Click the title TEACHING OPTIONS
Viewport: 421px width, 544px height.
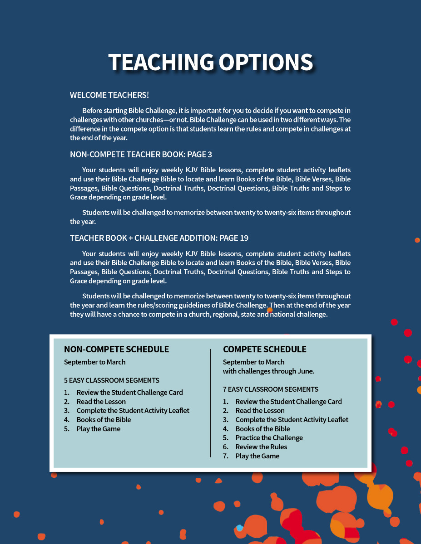click(x=210, y=62)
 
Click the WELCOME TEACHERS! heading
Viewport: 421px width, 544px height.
click(x=109, y=95)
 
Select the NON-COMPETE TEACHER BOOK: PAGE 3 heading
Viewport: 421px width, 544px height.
click(x=141, y=155)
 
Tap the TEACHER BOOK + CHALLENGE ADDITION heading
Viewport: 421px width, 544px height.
click(x=159, y=238)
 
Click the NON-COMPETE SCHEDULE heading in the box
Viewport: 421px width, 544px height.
click(x=116, y=349)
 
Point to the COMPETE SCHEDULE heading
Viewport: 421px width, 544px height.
click(x=264, y=349)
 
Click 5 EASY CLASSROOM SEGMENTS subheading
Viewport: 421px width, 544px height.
click(x=111, y=380)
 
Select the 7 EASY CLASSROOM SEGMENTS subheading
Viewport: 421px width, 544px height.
click(x=270, y=389)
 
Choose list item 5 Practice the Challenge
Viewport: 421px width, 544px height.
click(x=269, y=438)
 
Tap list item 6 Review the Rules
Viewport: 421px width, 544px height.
click(x=261, y=447)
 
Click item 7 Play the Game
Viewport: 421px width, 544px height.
click(x=257, y=456)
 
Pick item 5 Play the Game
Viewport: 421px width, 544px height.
click(x=98, y=429)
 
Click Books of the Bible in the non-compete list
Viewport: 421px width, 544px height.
click(x=104, y=420)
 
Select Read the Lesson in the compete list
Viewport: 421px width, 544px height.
click(x=260, y=411)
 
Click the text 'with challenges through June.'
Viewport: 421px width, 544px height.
click(x=268, y=371)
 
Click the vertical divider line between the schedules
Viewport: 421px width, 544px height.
click(x=210, y=403)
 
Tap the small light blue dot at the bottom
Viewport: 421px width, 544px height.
click(x=239, y=528)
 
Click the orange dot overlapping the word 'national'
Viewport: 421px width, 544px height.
click(x=269, y=311)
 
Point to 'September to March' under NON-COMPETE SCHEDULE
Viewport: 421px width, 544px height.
click(x=94, y=362)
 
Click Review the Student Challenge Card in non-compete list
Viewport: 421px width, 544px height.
click(x=129, y=393)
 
